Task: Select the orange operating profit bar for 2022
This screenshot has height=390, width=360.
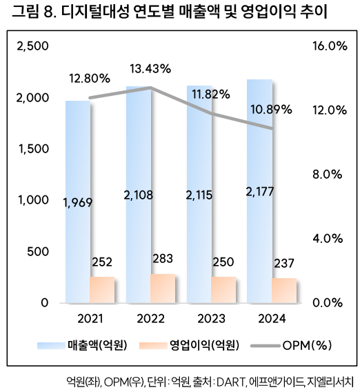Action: [x=163, y=289]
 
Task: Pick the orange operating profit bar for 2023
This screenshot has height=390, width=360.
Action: [x=223, y=290]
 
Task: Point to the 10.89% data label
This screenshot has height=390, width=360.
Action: [x=271, y=109]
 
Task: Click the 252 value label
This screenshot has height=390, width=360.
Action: [x=102, y=262]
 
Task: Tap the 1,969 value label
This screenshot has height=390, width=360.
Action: [x=77, y=202]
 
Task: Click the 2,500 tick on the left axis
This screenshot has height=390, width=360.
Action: [x=32, y=46]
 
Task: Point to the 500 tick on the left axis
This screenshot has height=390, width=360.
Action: [x=39, y=251]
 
